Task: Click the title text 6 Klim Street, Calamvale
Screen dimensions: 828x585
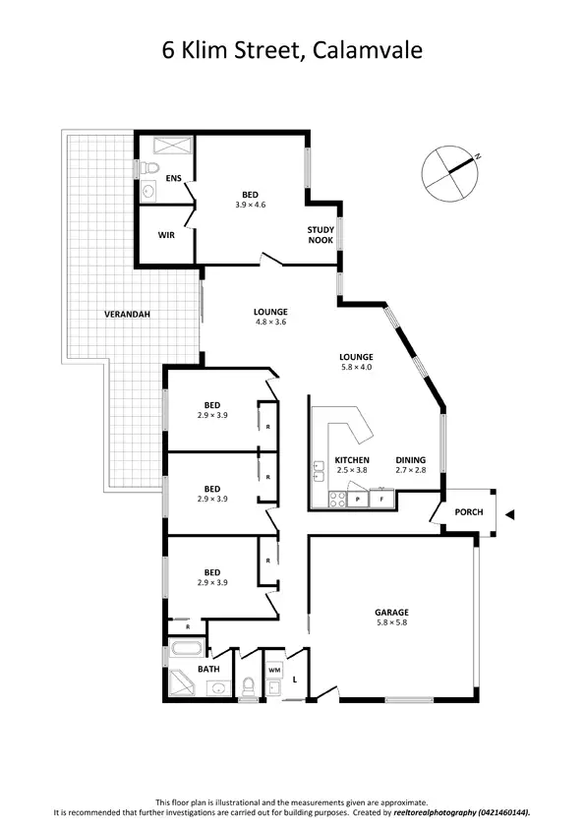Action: (292, 49)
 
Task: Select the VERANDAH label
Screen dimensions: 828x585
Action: (128, 315)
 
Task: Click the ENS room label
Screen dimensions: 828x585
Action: (174, 178)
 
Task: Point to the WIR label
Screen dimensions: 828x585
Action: (166, 236)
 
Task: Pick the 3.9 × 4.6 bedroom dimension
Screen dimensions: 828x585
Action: (251, 205)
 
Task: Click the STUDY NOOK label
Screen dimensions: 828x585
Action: (321, 234)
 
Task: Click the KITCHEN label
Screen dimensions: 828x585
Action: (351, 460)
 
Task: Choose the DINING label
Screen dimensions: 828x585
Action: (411, 460)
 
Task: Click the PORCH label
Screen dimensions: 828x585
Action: (468, 513)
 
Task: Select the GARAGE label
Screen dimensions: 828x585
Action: (390, 612)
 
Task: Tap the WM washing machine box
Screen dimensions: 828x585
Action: (274, 670)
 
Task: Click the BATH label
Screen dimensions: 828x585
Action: (208, 670)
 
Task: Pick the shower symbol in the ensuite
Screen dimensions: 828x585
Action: (166, 147)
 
